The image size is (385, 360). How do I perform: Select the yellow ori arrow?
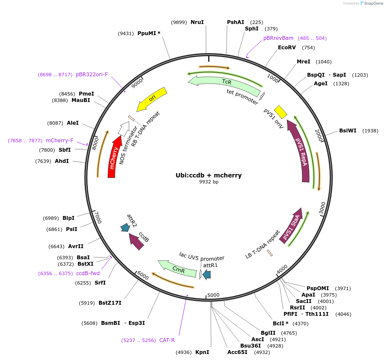tap(152, 99)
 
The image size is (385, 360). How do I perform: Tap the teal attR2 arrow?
tap(125, 228)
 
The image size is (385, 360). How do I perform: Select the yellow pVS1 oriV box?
tap(281, 111)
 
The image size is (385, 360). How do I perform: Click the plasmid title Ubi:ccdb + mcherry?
tap(209, 175)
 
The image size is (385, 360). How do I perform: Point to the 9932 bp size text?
tap(209, 182)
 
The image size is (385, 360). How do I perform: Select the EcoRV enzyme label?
tap(287, 48)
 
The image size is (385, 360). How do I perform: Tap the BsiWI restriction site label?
tap(348, 131)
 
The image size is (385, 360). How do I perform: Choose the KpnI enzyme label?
tap(202, 352)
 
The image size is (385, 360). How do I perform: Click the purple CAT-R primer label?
tap(167, 340)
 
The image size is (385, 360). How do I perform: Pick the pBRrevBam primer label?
tap(278, 38)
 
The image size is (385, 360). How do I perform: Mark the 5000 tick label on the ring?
tap(213, 295)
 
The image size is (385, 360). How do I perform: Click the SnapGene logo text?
tap(373, 3)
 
